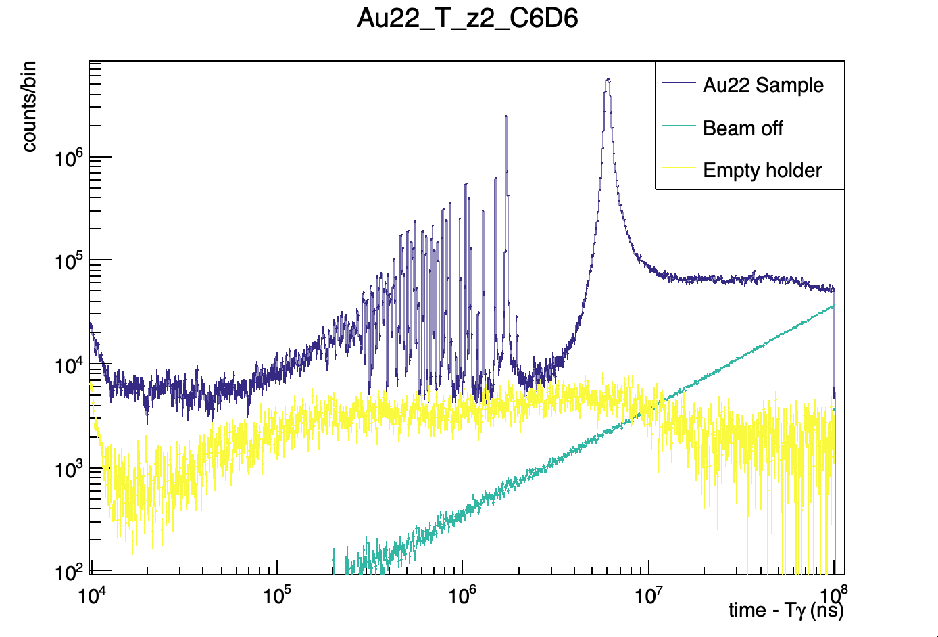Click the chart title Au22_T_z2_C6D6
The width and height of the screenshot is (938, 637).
pos(468,19)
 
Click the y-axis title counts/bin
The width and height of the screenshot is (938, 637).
pos(29,106)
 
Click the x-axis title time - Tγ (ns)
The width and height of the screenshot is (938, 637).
pos(786,610)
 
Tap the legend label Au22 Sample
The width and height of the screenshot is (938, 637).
pos(763,85)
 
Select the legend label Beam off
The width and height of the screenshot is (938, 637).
pos(743,128)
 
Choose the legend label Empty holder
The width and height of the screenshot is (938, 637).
pos(762,170)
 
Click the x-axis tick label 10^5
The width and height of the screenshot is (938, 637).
pos(277,595)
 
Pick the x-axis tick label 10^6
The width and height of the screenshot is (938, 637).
pos(463,595)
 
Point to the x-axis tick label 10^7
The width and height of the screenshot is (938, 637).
pos(649,595)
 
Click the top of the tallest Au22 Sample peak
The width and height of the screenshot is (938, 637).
pos(608,80)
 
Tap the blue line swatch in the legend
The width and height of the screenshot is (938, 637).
pos(678,84)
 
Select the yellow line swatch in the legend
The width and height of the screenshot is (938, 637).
pos(678,168)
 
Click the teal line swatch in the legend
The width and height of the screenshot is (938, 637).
pos(678,126)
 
